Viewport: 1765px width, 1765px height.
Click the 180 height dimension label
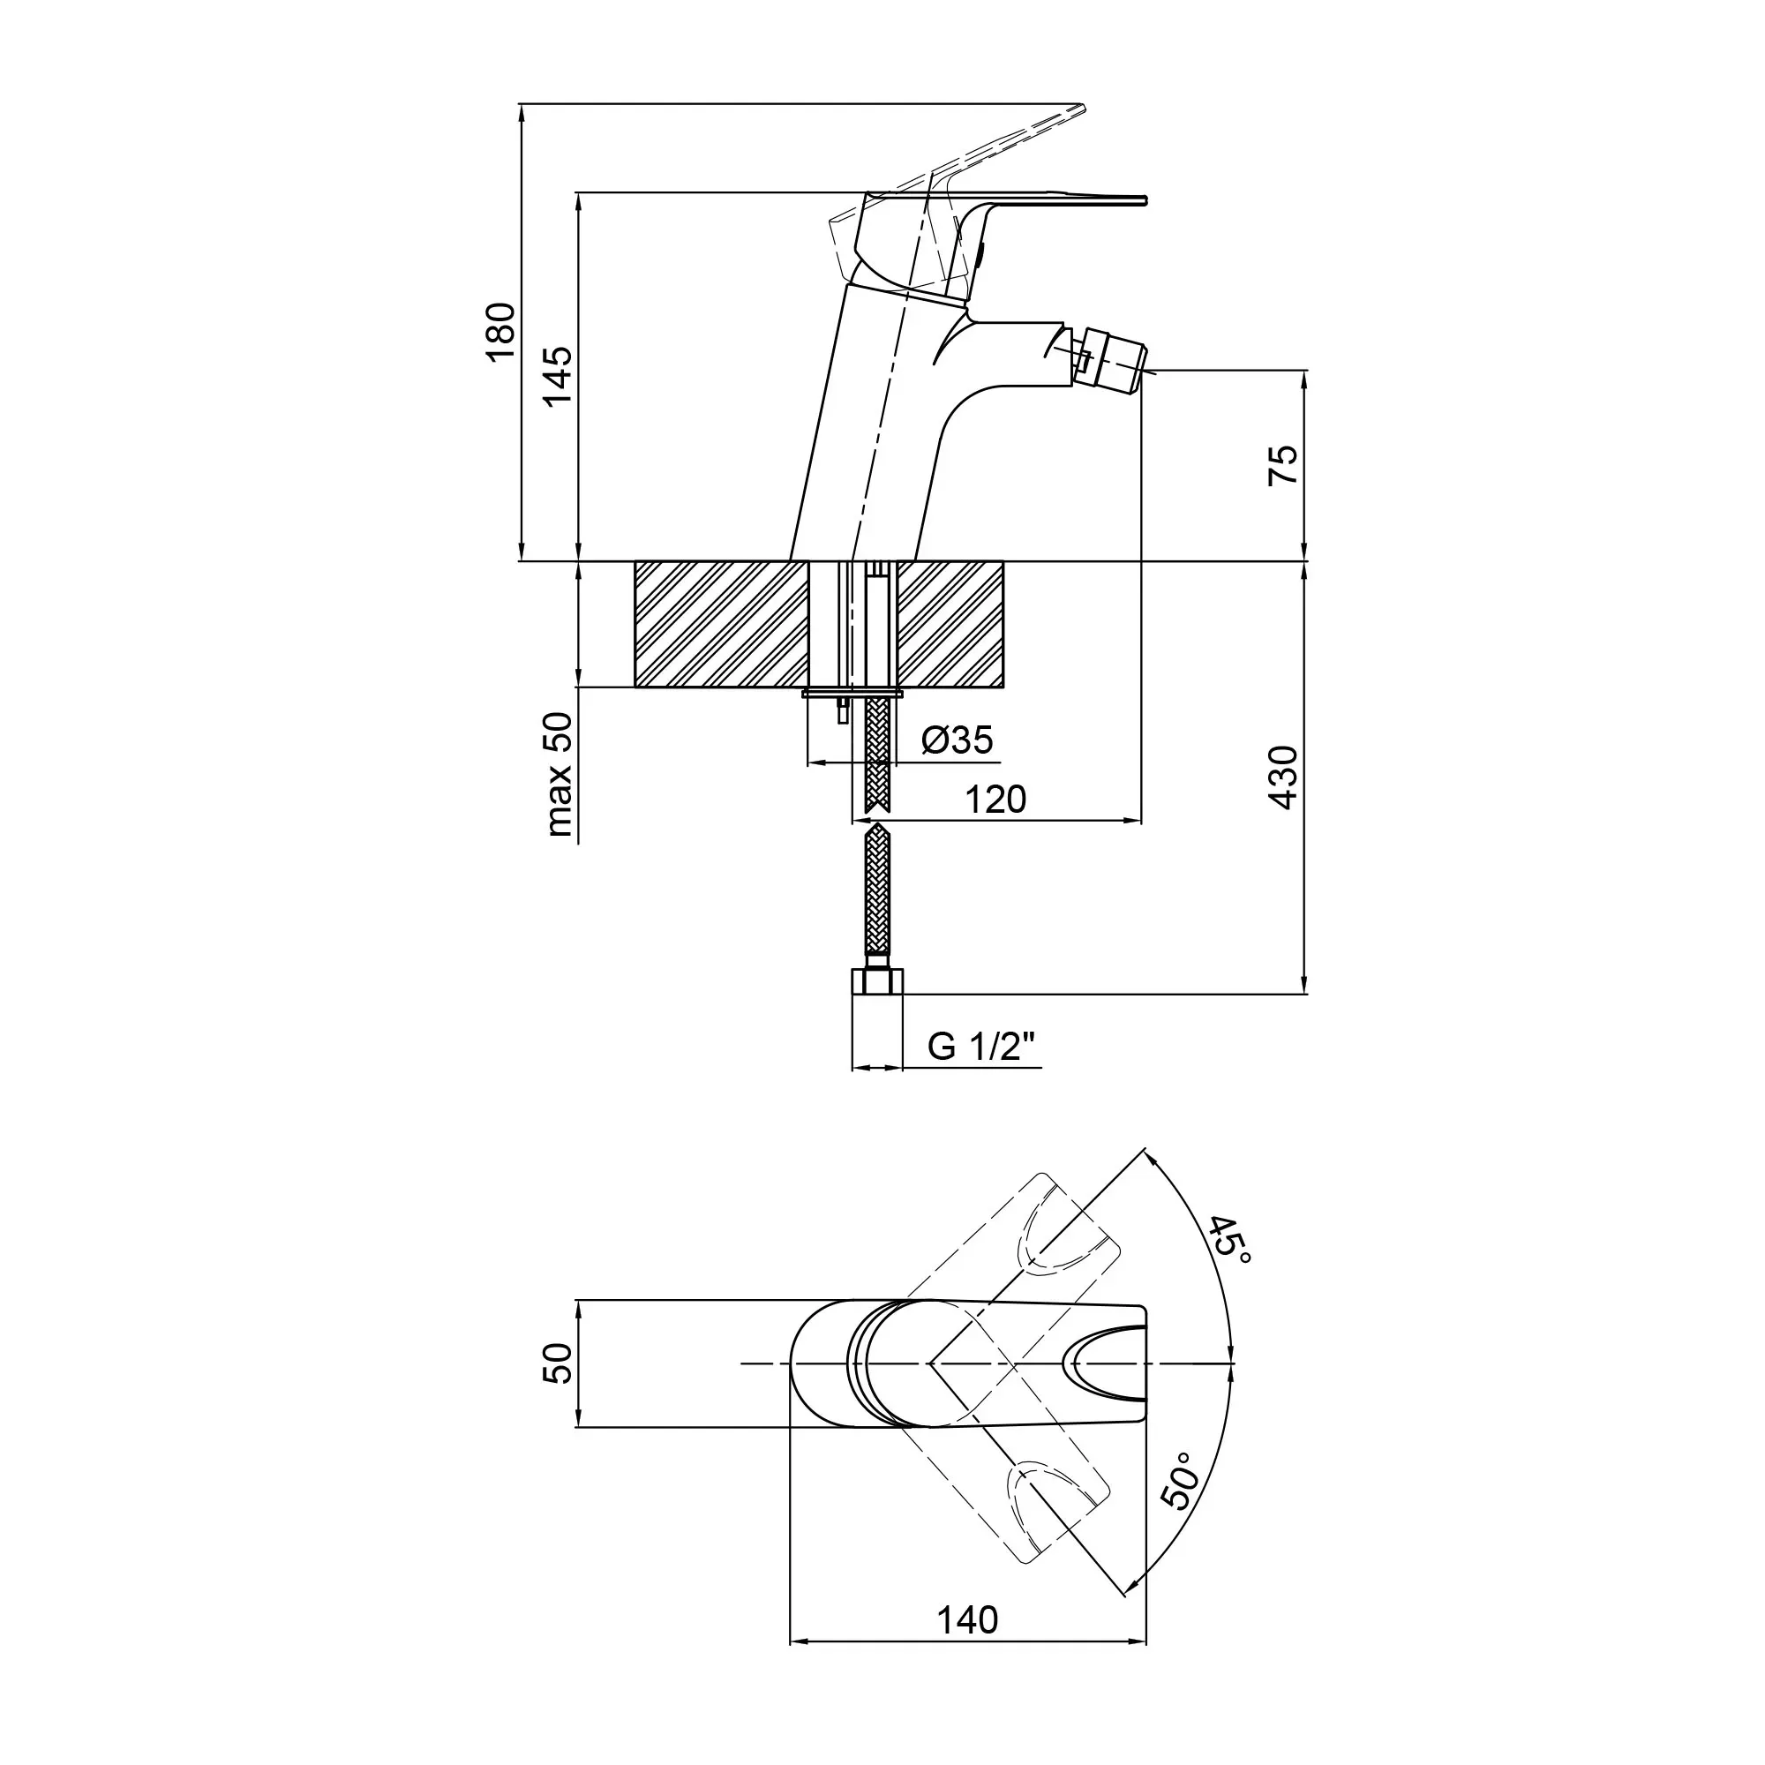(500, 333)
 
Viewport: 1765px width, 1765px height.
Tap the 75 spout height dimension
(1282, 465)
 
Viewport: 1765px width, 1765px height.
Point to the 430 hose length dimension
(1282, 777)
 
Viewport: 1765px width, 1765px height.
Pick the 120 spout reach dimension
(995, 800)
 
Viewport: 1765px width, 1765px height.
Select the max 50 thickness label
(560, 775)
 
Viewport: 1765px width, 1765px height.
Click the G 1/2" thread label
(984, 1045)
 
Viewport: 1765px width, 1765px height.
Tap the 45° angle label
(1230, 1242)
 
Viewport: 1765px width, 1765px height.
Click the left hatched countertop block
(722, 624)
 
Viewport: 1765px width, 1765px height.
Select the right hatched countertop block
(950, 624)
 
